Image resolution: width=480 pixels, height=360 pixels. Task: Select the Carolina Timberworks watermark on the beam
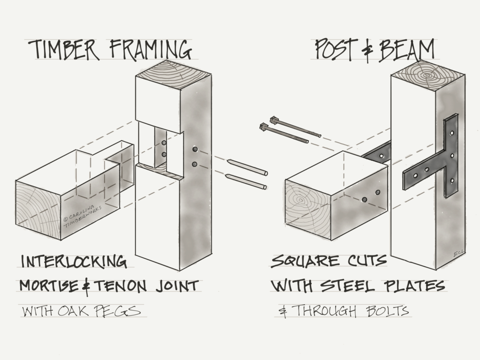pyautogui.click(x=82, y=211)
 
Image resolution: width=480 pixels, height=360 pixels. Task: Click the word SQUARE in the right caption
pyautogui.click(x=305, y=261)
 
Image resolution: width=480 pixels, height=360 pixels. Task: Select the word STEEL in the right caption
pyautogui.click(x=356, y=285)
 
